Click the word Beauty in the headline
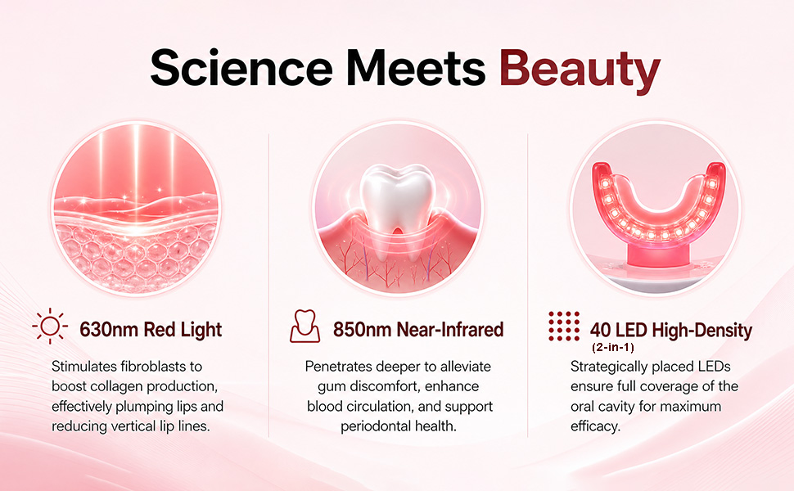coord(580,70)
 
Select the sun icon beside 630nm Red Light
coord(50,326)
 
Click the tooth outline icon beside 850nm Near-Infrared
coord(305,327)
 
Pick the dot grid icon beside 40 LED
coord(564,326)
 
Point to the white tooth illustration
coord(398,202)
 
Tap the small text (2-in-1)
coord(613,347)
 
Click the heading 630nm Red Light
coord(151,330)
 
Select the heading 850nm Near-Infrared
coord(418,330)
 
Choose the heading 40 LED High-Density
coord(671,331)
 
